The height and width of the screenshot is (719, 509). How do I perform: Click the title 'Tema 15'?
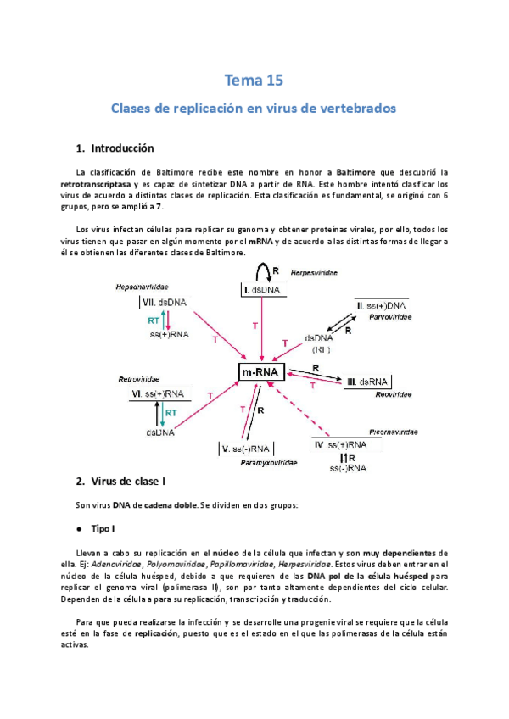[x=254, y=81]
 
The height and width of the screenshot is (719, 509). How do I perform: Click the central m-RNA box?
[x=261, y=373]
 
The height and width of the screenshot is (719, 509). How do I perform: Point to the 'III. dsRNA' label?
[x=368, y=382]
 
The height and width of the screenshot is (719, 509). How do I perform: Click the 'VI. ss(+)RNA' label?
[x=159, y=394]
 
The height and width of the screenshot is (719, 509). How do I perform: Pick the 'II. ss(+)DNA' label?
[x=383, y=304]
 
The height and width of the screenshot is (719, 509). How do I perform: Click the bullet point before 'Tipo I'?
[x=79, y=528]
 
